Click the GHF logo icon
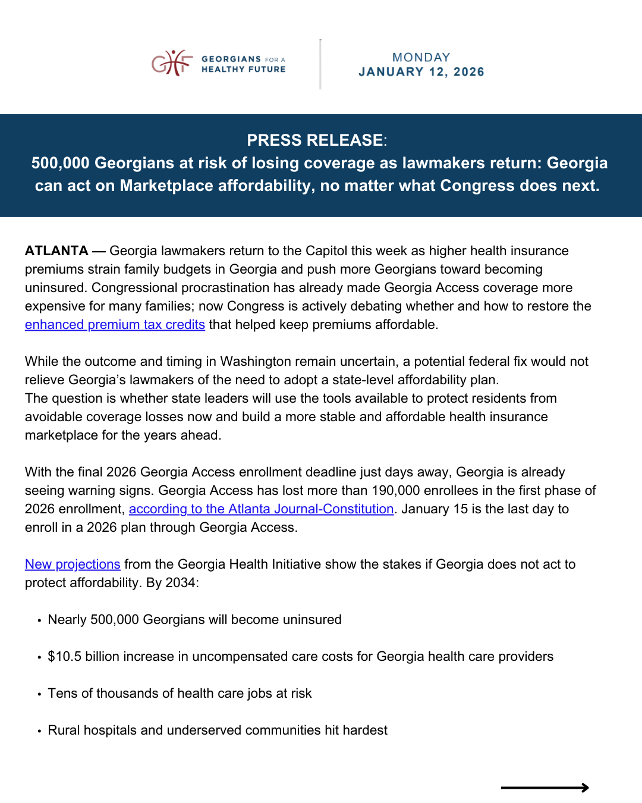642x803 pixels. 172,62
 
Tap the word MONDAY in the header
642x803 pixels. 421,57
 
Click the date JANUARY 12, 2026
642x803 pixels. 421,72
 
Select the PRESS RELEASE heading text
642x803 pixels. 315,140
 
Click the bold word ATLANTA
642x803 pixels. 56,251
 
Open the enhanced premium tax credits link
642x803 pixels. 115,325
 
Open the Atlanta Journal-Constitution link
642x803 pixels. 261,509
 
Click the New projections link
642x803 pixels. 73,564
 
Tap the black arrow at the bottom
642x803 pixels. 545,788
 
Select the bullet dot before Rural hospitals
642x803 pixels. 39,731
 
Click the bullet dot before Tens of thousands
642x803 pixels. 39,694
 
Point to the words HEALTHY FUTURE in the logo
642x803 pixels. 243,70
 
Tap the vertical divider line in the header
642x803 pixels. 320,64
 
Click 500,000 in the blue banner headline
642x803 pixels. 60,163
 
